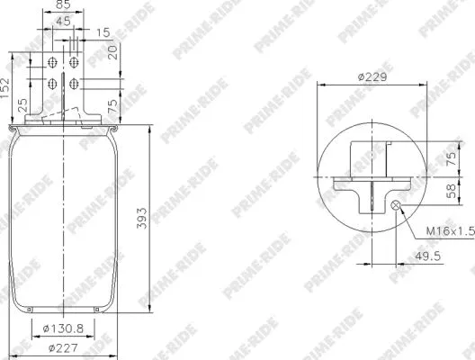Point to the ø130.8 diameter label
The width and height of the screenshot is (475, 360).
(x=64, y=329)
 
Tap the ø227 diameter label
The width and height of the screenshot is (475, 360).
(x=64, y=348)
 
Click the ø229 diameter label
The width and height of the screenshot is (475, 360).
(x=372, y=78)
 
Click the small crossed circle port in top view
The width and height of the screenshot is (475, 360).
(x=396, y=206)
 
